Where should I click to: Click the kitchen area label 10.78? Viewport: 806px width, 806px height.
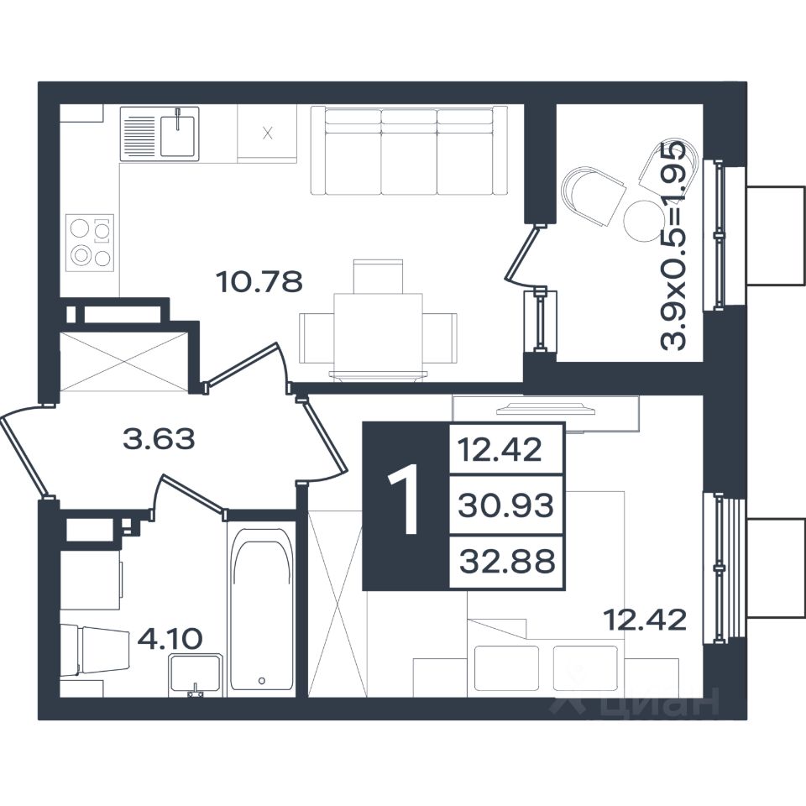click(259, 282)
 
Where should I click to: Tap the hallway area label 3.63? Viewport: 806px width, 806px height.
click(160, 439)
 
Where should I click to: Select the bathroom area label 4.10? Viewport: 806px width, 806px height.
click(170, 639)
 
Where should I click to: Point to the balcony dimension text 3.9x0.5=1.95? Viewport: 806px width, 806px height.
click(673, 244)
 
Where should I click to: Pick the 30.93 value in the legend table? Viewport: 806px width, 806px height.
click(505, 505)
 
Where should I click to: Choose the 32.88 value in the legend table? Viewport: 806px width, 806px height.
click(507, 561)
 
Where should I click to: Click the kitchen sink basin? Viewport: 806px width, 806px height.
click(177, 136)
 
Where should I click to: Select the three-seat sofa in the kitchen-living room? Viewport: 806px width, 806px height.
click(409, 150)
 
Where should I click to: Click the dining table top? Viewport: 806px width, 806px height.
click(379, 332)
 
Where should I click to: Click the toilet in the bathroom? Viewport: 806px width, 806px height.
click(95, 649)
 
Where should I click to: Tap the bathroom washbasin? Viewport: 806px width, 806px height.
click(196, 674)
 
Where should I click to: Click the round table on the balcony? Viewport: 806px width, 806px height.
click(643, 221)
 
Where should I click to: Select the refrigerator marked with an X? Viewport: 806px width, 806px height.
click(267, 133)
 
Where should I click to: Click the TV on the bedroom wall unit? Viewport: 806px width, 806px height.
click(546, 409)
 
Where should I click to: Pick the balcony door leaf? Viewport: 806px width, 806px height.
click(523, 254)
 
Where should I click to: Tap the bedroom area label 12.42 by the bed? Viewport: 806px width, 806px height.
click(645, 620)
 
